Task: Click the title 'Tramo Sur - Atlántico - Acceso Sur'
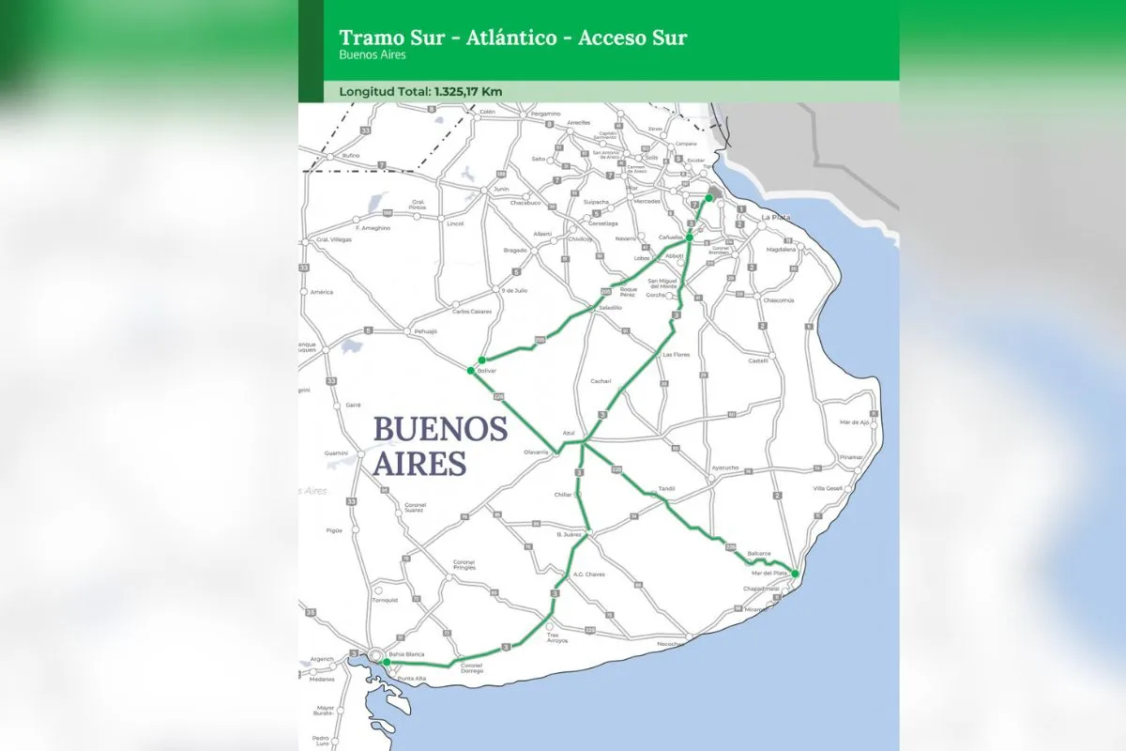coord(512,38)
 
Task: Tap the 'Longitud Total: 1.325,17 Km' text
coord(421,92)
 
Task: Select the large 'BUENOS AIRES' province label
coord(440,445)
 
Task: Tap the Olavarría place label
coord(536,452)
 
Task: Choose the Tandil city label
coord(667,487)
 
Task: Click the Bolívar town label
coord(486,371)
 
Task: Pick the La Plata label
coord(775,217)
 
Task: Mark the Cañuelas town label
coord(670,238)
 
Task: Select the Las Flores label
coord(676,355)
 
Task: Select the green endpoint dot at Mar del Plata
coord(795,573)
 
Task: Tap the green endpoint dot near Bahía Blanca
coord(386,662)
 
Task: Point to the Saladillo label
coord(611,307)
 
